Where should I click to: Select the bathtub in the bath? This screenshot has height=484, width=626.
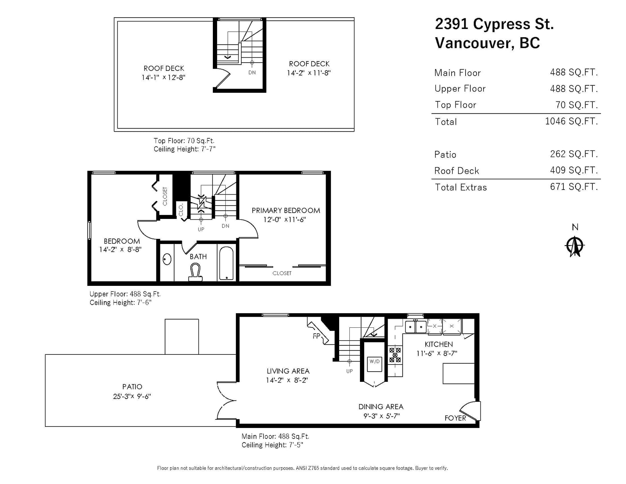coord(226,263)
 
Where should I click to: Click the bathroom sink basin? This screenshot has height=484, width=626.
coord(167,259)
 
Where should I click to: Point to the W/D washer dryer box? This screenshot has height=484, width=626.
coord(374,364)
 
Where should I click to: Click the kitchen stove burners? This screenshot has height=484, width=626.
coord(395,354)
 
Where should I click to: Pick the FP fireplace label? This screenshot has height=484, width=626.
coord(316,336)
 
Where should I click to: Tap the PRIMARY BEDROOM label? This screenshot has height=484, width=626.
coord(286,210)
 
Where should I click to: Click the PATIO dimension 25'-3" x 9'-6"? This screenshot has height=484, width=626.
coord(132,396)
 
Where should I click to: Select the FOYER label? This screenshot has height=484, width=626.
coord(455,418)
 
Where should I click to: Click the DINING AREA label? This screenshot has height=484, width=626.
coord(381,407)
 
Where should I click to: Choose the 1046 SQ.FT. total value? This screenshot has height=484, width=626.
coord(571,121)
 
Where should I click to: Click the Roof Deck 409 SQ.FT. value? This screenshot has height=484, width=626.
coord(574,170)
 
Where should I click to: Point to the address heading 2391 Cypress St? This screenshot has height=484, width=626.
coord(495,23)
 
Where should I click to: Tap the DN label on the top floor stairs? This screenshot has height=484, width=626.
coord(252,73)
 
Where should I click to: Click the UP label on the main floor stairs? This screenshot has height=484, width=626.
coord(349,371)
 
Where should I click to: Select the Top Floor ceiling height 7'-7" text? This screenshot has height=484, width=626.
coord(184,149)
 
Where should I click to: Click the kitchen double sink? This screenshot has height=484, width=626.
coord(416,327)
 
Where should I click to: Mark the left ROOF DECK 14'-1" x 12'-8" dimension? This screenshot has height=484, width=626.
coord(163,77)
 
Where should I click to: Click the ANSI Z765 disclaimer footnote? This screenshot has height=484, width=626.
coord(302,468)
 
